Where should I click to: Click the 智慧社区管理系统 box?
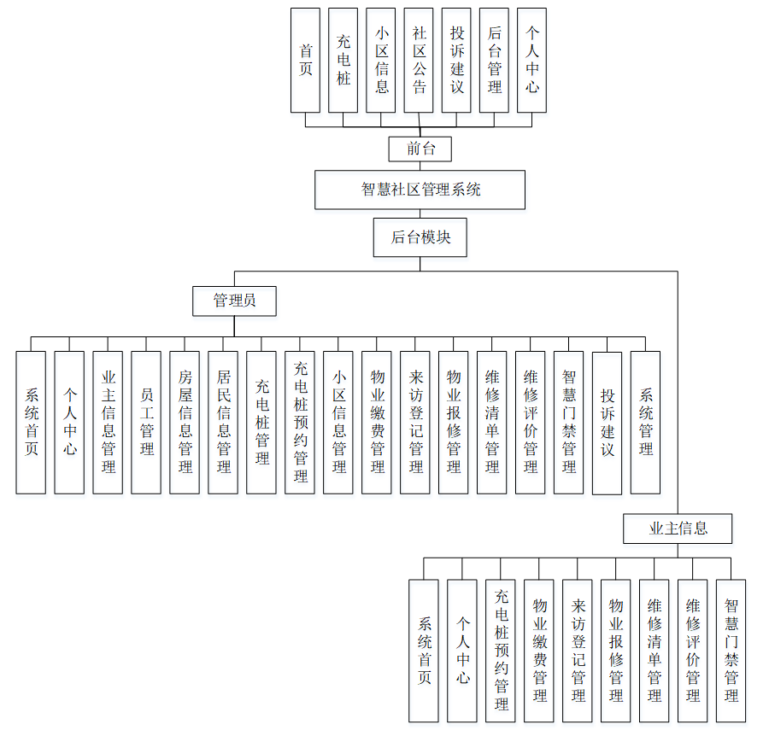420,190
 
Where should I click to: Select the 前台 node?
420,149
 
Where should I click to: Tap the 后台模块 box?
420,237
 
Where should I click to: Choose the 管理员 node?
234,301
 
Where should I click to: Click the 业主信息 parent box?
678,529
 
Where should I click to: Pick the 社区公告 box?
419,61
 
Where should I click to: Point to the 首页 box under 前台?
305,61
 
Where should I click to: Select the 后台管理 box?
494,61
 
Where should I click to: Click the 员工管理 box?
146,422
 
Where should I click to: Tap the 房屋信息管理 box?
185,422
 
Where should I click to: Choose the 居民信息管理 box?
223,422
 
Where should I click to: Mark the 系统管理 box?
645,422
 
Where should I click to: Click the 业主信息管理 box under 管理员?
108,422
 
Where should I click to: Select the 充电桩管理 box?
261,422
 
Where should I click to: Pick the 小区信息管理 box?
338,422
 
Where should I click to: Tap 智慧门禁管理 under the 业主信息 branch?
731,651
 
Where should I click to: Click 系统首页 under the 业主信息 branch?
424,651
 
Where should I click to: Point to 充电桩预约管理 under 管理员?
300,422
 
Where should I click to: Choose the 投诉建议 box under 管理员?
607,422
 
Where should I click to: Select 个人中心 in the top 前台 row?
531,61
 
